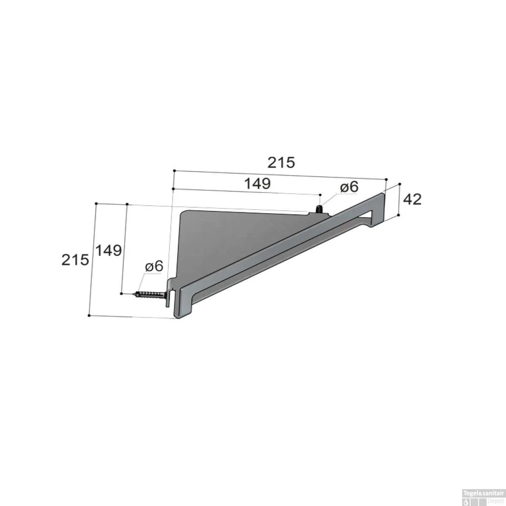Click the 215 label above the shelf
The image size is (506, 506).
coord(281,163)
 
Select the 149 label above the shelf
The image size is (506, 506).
coord(257,184)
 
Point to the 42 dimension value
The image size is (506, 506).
coord(413,199)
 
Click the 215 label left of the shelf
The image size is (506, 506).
coord(75,260)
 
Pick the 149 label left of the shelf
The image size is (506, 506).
coord(108,250)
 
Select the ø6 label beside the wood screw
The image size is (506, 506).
coord(154,266)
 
